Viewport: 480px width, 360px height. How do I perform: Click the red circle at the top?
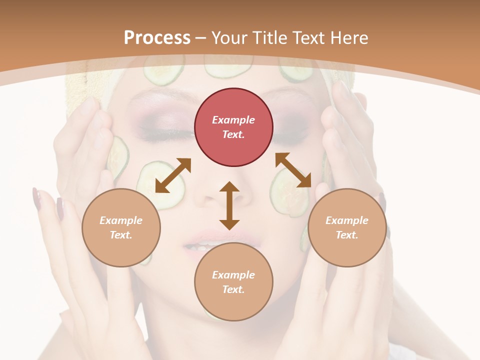click(x=233, y=127)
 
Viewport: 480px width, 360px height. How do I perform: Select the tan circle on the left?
click(x=121, y=227)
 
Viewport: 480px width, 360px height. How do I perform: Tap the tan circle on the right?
click(x=347, y=227)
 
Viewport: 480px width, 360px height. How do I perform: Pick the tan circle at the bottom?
click(x=233, y=282)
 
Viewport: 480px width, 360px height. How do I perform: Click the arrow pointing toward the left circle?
click(x=173, y=175)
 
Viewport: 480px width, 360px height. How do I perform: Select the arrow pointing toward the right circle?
click(x=293, y=170)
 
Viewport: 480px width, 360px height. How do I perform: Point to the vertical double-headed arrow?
click(x=229, y=205)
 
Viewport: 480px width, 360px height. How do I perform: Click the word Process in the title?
click(x=157, y=37)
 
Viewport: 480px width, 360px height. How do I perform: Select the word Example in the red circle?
click(x=233, y=120)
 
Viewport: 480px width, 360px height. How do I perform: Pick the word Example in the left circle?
click(x=121, y=220)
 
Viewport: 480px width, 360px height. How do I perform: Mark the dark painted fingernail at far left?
click(x=36, y=199)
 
